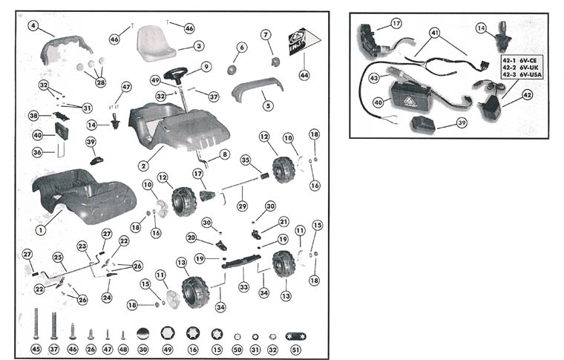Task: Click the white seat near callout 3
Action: [x=155, y=45]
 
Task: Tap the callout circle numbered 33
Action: [x=243, y=287]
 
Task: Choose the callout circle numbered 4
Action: [x=33, y=25]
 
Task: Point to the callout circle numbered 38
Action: [x=33, y=116]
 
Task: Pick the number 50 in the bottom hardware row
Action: [x=237, y=349]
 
